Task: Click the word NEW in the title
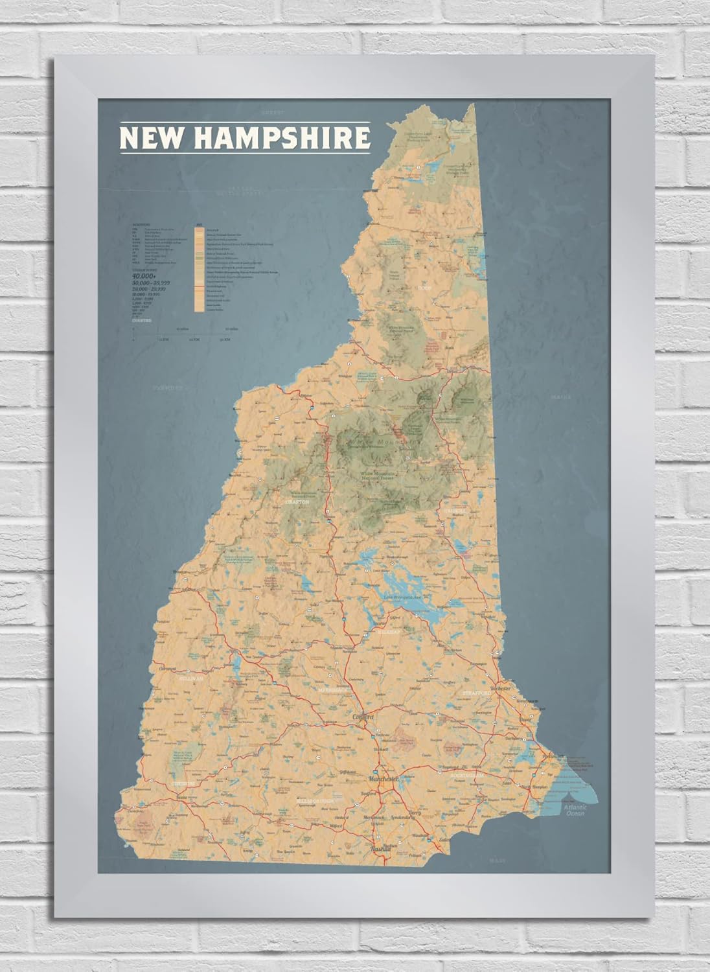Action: point(148,138)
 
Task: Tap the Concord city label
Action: point(364,717)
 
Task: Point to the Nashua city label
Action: point(381,848)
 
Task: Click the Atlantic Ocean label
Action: point(574,811)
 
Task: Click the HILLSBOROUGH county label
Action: point(317,802)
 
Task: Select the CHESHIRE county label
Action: point(182,784)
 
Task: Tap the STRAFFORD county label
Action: point(478,693)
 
